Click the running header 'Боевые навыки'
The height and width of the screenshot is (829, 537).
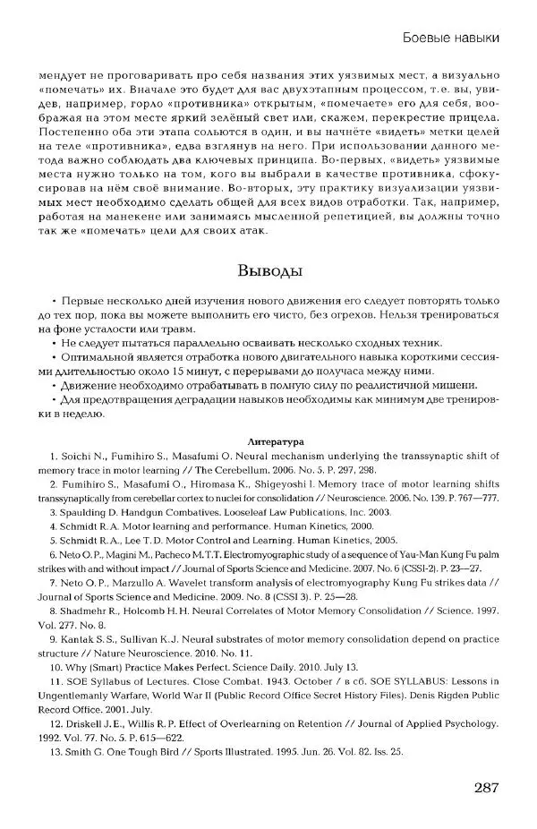click(446, 37)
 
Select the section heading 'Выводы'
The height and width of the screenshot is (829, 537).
click(268, 271)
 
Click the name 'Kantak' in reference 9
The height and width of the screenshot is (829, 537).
click(78, 642)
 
